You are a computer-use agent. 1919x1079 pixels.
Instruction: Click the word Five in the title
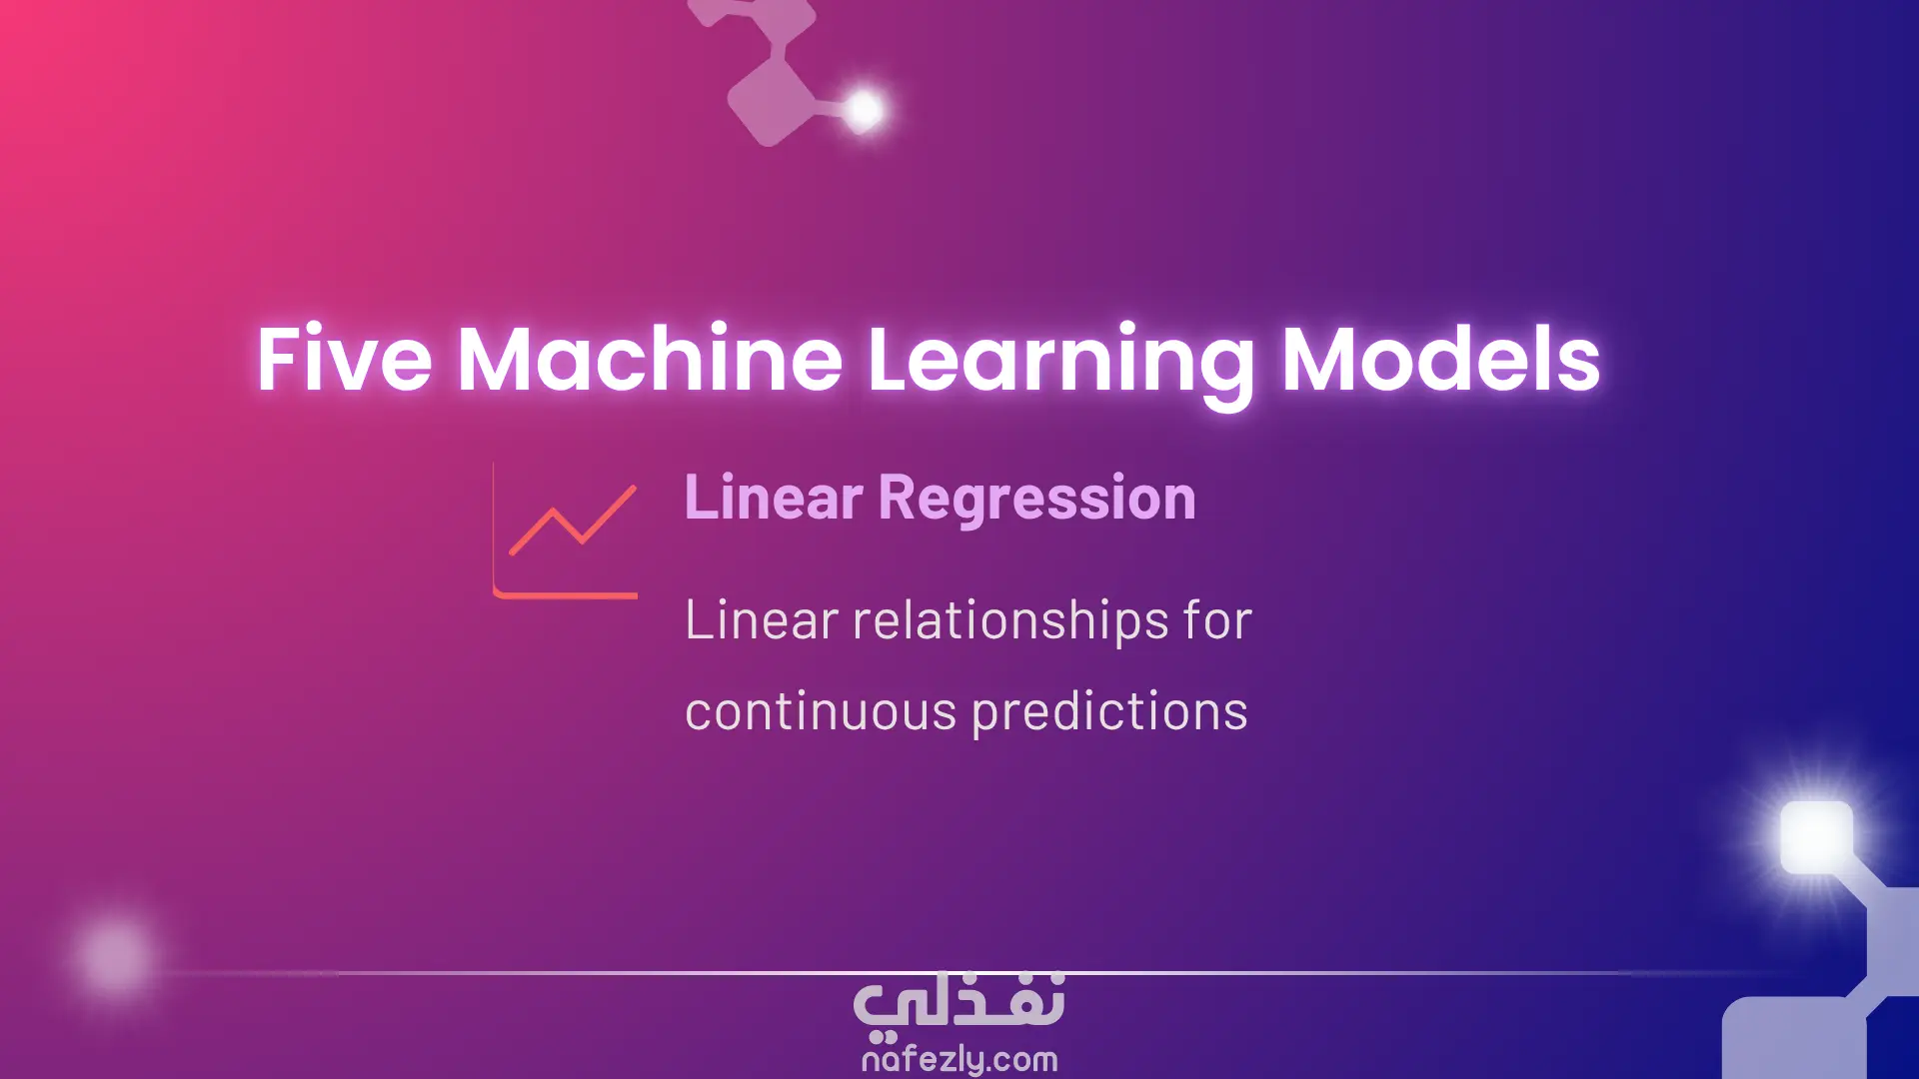(x=344, y=358)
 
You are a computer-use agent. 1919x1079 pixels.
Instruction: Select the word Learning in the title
(x=1060, y=366)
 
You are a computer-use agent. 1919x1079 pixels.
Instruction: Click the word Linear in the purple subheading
(x=774, y=497)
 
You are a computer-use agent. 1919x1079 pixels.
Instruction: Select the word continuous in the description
(x=821, y=711)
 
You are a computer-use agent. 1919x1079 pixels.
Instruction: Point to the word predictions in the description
(x=1109, y=711)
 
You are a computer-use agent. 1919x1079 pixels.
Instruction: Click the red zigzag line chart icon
(x=573, y=521)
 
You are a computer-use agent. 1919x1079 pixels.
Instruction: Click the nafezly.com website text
(x=959, y=1059)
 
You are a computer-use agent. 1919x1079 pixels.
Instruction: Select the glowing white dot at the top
(x=864, y=109)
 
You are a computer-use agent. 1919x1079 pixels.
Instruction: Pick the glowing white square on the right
(x=1816, y=836)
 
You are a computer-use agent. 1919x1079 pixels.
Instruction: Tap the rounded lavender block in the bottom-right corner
(x=1795, y=1039)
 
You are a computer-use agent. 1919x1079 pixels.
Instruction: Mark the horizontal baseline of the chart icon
(x=566, y=594)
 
